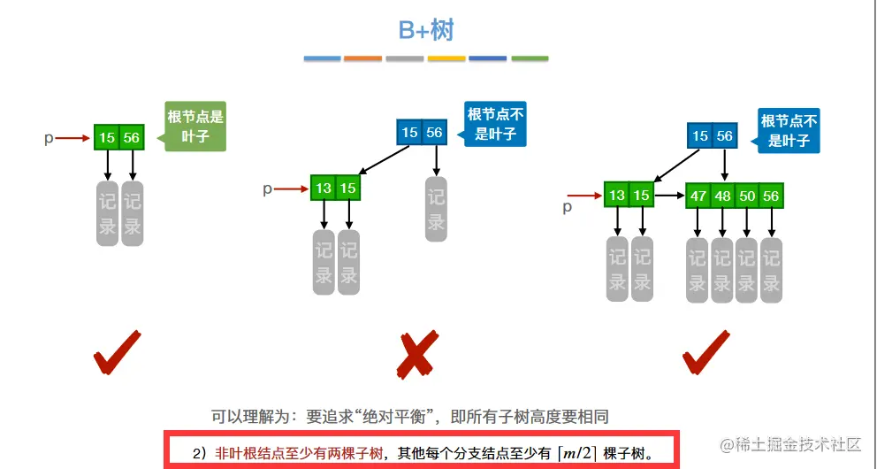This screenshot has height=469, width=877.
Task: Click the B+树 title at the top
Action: [426, 31]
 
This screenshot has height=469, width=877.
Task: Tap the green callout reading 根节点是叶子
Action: [195, 126]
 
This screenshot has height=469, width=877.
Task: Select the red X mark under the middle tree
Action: [415, 354]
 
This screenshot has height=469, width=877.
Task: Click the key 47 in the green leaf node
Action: [698, 196]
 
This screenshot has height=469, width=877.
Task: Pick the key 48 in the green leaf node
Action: [723, 196]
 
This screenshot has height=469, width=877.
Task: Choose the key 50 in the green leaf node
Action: [747, 196]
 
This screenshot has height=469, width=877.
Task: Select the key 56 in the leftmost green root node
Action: [132, 138]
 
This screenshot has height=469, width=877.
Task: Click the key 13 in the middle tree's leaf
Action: [324, 188]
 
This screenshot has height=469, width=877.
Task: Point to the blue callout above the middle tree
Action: [495, 124]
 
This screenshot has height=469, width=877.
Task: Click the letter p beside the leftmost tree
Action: [49, 138]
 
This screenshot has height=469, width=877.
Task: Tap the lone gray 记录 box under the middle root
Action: [436, 210]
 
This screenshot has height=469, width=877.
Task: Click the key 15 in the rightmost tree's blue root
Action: [700, 135]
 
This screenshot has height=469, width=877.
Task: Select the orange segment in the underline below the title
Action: [362, 58]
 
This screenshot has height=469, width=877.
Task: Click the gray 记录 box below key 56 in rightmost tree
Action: [772, 270]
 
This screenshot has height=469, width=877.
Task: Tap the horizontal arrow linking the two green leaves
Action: [669, 196]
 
